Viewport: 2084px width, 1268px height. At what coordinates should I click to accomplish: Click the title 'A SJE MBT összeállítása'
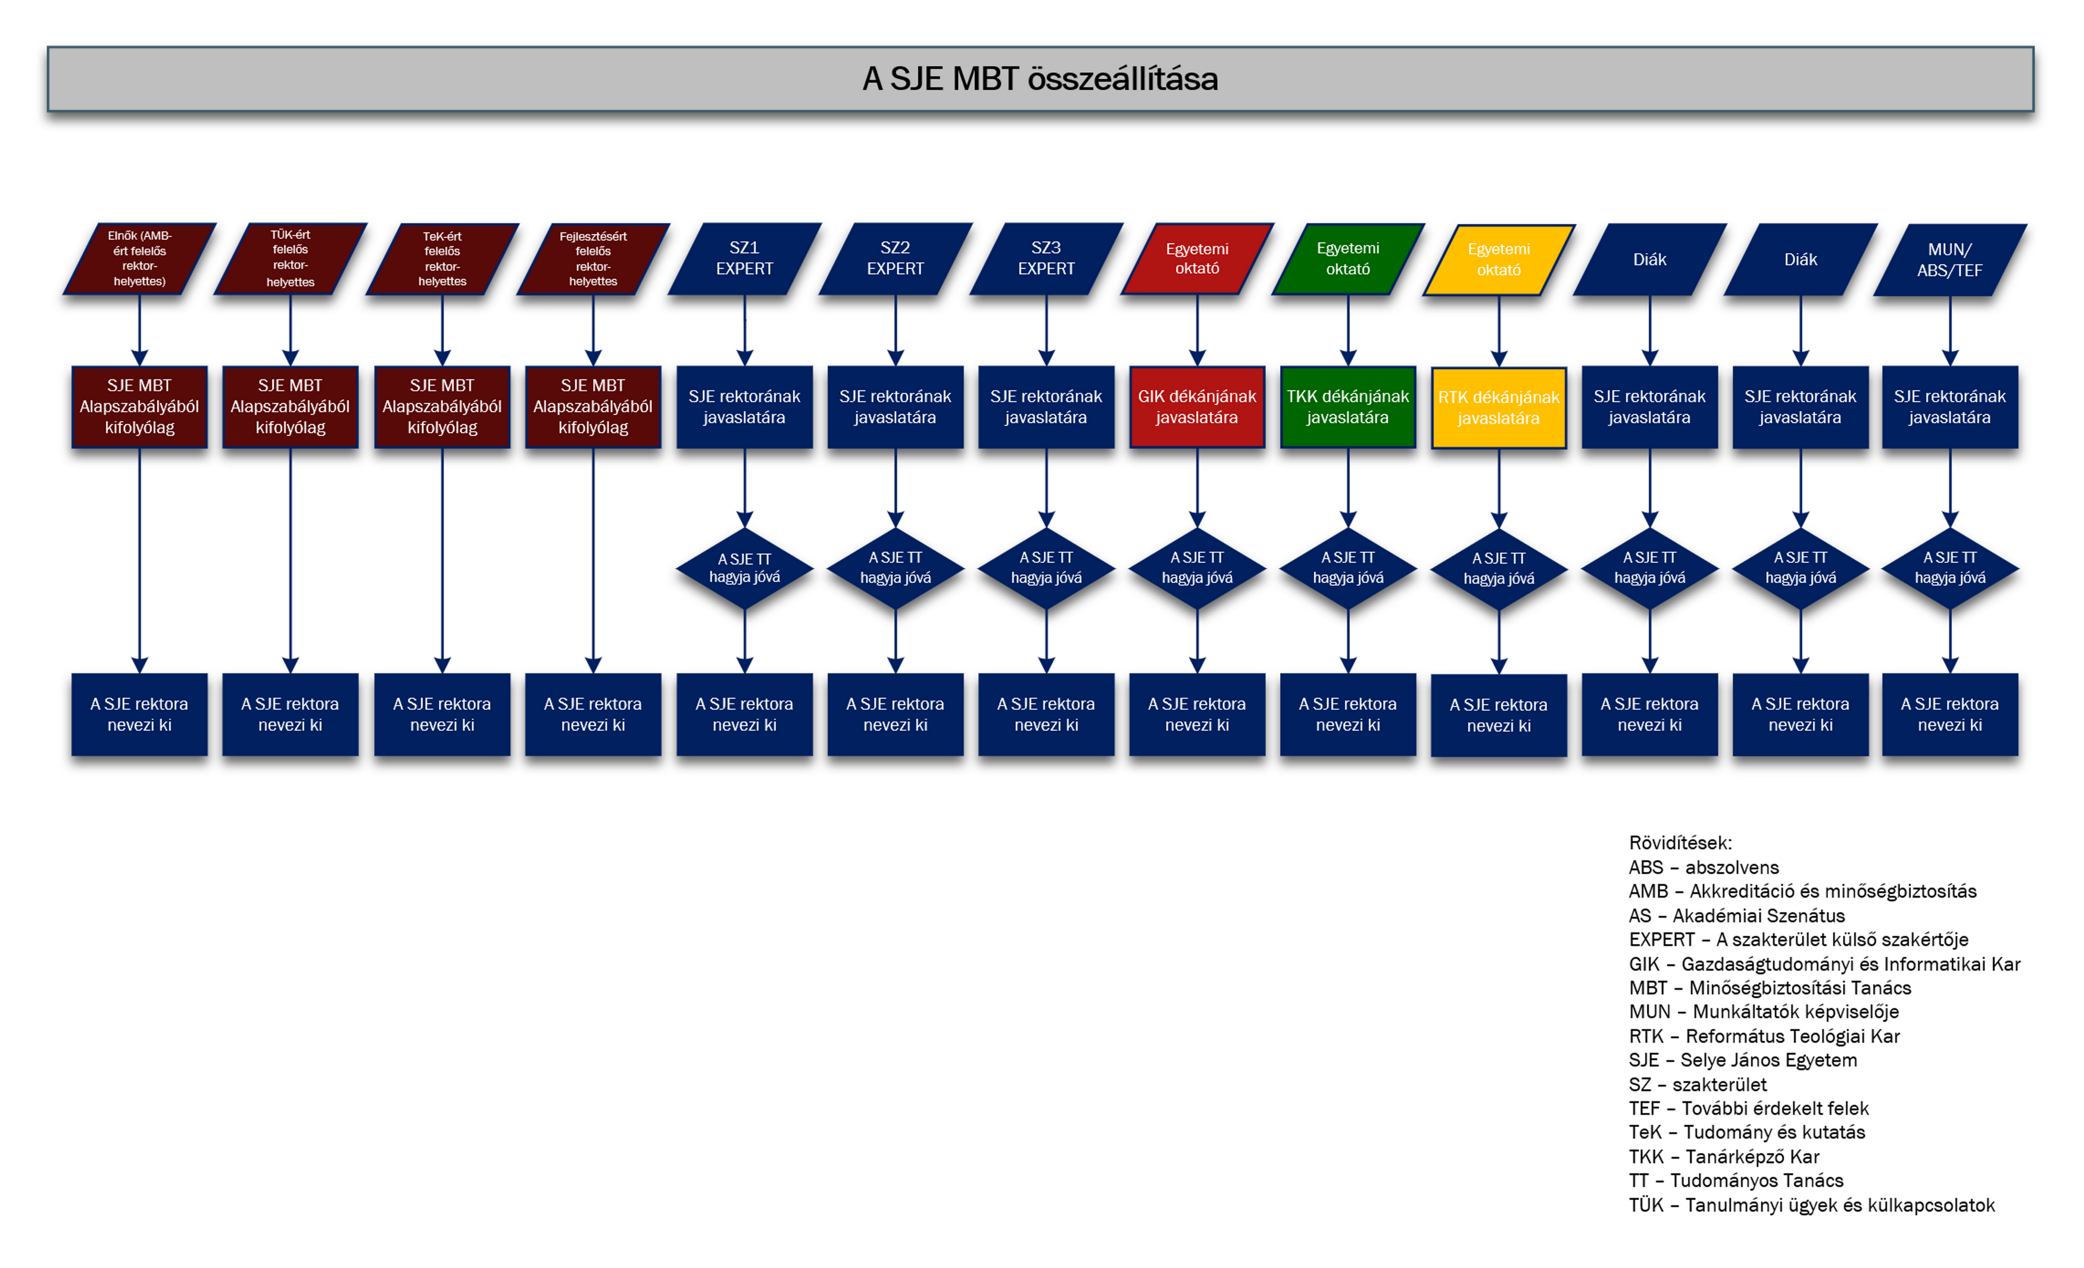[1040, 79]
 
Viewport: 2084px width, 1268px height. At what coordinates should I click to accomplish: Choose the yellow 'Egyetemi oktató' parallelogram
[1499, 260]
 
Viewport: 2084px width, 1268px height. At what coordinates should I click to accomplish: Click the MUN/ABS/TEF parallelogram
[1949, 260]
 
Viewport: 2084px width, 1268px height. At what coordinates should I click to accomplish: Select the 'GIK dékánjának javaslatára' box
[1197, 407]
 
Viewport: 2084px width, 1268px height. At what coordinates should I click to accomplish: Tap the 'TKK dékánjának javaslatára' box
[1347, 407]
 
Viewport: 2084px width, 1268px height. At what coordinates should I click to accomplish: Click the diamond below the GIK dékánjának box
[1197, 568]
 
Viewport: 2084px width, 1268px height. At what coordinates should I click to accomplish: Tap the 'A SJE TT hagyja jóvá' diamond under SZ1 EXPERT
[744, 568]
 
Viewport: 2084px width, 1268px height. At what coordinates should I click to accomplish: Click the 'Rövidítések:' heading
[1680, 843]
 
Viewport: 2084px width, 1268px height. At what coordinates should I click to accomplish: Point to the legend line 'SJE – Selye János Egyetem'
[1742, 1060]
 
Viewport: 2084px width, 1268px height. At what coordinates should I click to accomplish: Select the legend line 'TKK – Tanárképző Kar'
[1724, 1157]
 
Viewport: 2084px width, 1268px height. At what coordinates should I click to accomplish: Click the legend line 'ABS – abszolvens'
[1704, 867]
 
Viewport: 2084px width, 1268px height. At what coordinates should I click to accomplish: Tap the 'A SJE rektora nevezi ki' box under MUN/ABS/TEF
[1949, 715]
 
